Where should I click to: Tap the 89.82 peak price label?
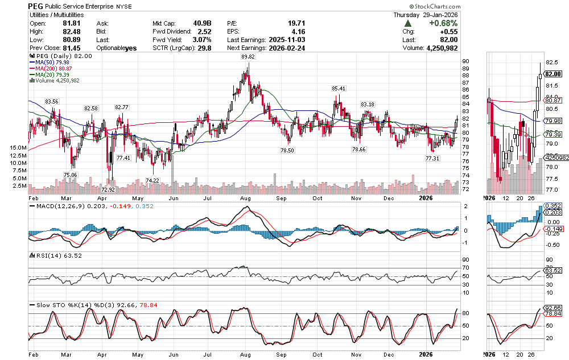[248, 57]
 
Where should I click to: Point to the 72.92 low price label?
[108, 189]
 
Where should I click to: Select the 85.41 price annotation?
[339, 89]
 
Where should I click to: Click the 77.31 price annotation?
[433, 159]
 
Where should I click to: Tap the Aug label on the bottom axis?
[246, 199]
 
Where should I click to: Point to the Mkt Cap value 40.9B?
[201, 23]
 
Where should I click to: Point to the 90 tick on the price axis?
[465, 61]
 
